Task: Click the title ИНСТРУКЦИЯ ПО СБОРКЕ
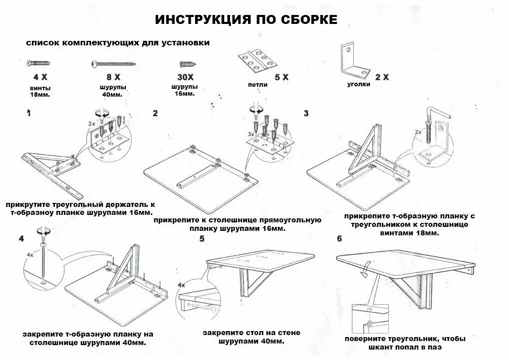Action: [x=247, y=19]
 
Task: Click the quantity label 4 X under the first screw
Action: [x=40, y=77]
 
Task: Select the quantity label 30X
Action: [x=186, y=77]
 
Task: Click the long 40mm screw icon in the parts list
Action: [x=113, y=63]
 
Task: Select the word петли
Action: [x=257, y=85]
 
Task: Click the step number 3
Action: [x=306, y=113]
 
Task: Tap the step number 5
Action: [x=202, y=239]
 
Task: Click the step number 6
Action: [x=339, y=239]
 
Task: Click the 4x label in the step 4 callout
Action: [x=30, y=255]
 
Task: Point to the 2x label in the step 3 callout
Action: [x=417, y=133]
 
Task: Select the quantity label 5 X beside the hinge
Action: [x=281, y=77]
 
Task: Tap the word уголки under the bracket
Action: [x=358, y=85]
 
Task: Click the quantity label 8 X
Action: [x=113, y=77]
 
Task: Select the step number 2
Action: [x=155, y=113]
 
